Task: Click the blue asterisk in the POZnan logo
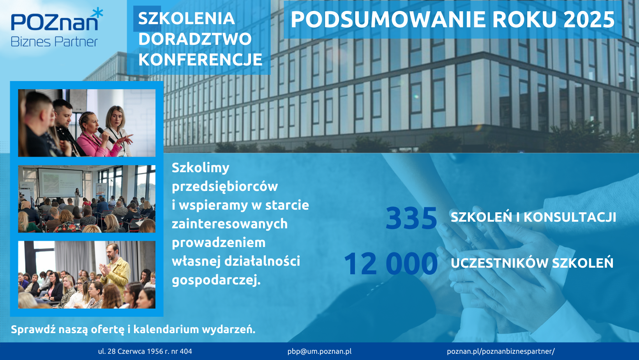(98, 13)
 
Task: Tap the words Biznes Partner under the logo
(54, 42)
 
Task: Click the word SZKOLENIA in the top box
(186, 19)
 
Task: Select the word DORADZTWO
(195, 39)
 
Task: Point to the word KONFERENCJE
(200, 60)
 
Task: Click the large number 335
(411, 218)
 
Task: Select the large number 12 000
(391, 264)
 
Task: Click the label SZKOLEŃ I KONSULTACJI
(533, 217)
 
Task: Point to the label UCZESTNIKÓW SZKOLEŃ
(532, 263)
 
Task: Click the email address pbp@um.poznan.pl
(319, 351)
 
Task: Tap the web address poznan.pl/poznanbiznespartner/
(501, 351)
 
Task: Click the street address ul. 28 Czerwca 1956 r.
(145, 351)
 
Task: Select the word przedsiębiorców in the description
(225, 187)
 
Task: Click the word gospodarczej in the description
(216, 280)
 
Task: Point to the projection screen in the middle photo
(60, 182)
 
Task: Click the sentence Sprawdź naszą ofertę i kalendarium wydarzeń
(133, 330)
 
